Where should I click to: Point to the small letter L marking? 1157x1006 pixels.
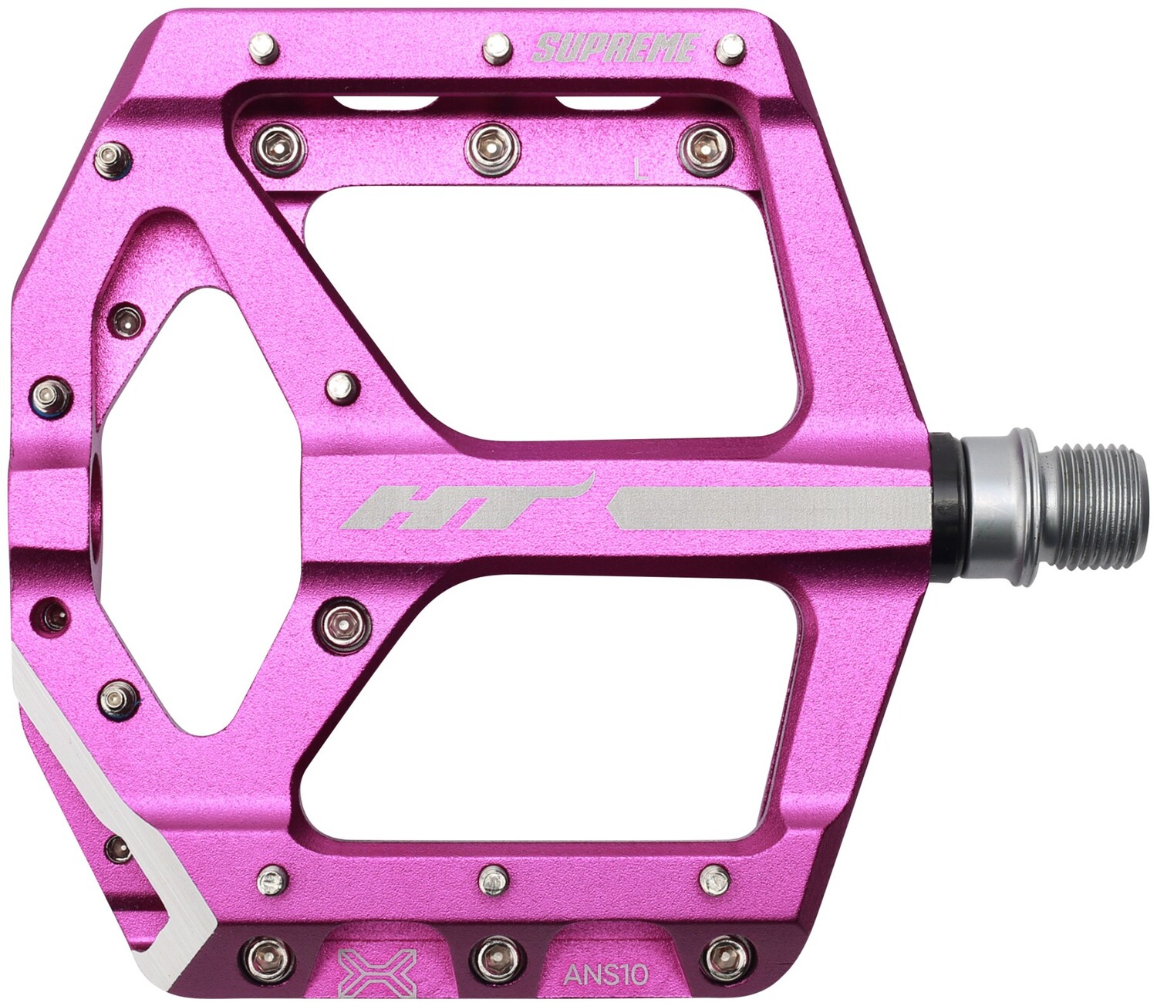[x=639, y=168]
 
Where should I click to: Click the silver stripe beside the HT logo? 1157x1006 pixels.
[x=771, y=508]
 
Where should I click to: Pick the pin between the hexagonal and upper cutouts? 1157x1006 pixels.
[x=342, y=387]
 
